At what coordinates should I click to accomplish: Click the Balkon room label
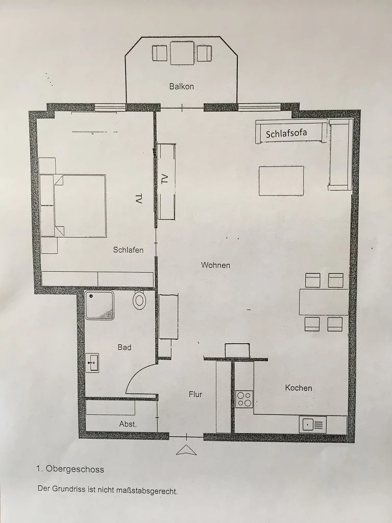coord(181,86)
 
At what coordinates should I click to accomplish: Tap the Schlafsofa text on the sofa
coord(286,134)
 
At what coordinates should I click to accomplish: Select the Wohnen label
coord(215,265)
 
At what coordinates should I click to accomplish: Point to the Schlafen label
coord(128,250)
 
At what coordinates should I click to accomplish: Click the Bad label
coord(125,347)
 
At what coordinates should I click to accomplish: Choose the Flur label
coord(195,394)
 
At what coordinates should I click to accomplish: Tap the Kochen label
coord(299,388)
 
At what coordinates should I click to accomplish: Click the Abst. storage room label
coord(128,424)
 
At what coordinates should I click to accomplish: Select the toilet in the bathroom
coord(140,300)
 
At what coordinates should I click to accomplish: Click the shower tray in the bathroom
coord(100,305)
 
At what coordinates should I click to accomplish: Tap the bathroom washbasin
coord(92,363)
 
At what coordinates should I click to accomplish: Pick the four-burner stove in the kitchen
coord(244,399)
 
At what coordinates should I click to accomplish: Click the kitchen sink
coord(313,425)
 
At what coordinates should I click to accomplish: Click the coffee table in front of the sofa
coord(281,181)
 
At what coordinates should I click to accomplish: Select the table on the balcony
coord(182,53)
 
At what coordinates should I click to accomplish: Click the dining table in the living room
coord(324,302)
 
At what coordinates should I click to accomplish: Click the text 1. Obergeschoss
coord(70,469)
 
